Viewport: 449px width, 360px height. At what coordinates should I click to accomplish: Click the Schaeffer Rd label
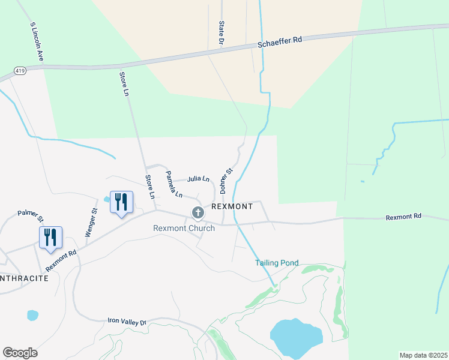280,41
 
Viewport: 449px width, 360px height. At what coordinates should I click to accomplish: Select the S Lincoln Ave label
37,42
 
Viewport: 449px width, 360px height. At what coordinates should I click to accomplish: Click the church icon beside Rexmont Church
197,212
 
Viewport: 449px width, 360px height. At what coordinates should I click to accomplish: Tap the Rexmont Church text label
184,228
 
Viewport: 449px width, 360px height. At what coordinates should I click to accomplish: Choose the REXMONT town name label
232,206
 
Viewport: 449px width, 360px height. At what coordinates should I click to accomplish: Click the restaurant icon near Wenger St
121,202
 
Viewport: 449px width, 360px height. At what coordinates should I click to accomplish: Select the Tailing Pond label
277,263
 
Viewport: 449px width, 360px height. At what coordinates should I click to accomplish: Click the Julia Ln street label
198,179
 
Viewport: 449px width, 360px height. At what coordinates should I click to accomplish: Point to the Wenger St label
91,222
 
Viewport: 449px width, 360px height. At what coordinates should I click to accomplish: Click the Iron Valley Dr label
127,322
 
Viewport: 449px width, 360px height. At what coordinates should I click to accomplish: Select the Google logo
20,353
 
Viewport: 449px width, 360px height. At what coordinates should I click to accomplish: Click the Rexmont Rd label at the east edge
403,216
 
